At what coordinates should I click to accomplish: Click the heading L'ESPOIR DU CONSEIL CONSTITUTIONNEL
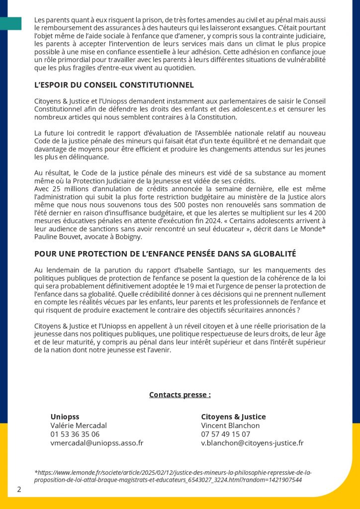click(x=114, y=85)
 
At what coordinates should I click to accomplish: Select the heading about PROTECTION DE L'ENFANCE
click(x=165, y=254)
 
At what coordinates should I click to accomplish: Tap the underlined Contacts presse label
click(x=180, y=395)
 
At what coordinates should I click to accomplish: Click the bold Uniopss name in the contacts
click(x=65, y=417)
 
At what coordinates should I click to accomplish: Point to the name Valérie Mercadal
click(x=79, y=425)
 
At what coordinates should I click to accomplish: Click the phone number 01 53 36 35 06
click(x=75, y=434)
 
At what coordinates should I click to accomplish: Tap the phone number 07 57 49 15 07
click(x=226, y=434)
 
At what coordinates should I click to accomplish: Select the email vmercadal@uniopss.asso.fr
click(x=97, y=443)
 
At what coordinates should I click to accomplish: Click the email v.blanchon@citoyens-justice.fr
click(x=252, y=443)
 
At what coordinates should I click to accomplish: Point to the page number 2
click(x=19, y=489)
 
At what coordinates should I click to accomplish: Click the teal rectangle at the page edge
click(x=10, y=23)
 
